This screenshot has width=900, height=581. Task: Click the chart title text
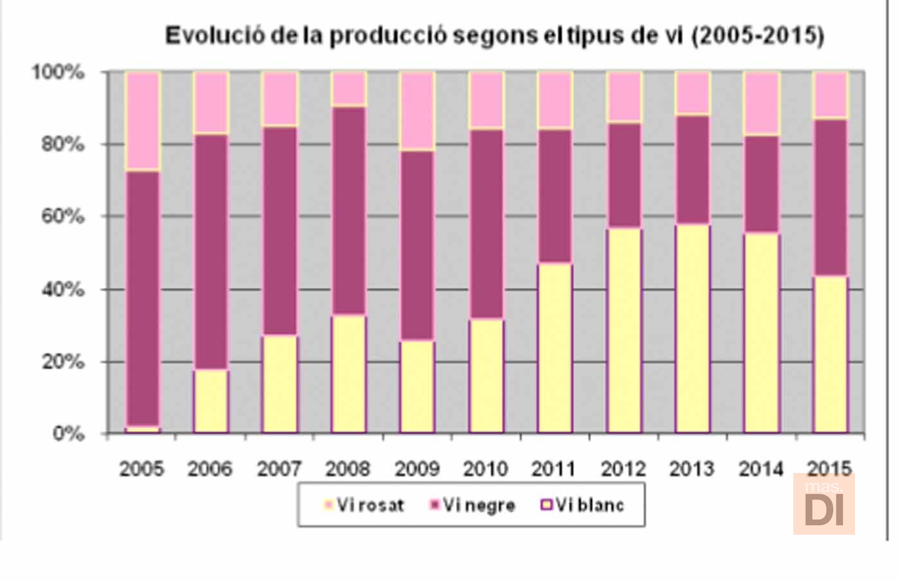[494, 35]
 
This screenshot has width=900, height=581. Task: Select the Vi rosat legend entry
[364, 505]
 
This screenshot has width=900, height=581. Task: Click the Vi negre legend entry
[473, 505]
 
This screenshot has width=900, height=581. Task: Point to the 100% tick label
[59, 72]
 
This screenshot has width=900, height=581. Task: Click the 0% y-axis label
[68, 434]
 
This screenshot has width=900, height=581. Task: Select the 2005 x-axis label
[141, 469]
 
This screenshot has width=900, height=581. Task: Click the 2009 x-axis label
[417, 469]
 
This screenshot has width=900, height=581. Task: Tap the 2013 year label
[692, 469]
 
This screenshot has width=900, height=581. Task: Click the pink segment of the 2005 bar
[142, 121]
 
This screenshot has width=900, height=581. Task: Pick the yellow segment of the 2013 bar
[692, 328]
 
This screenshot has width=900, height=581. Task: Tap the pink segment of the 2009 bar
[417, 111]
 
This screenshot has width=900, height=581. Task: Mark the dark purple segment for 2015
[831, 198]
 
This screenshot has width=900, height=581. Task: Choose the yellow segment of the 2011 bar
[555, 348]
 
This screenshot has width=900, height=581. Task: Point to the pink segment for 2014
[762, 103]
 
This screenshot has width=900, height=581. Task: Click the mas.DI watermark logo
[824, 505]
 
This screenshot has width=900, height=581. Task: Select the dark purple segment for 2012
[624, 175]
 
